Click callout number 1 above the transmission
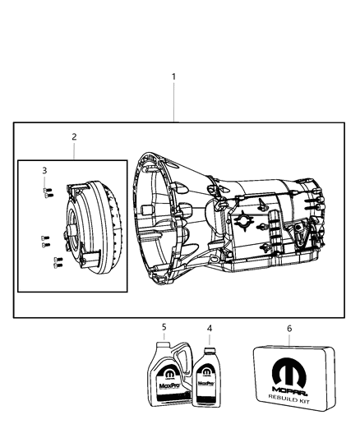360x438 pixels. (173, 76)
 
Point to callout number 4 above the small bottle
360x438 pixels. (209, 329)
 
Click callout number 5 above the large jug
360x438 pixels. (164, 327)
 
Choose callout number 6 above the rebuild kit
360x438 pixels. (288, 327)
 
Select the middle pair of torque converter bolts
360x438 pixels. (45, 242)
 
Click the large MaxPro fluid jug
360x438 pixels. (167, 379)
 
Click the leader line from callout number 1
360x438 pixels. (173, 102)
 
